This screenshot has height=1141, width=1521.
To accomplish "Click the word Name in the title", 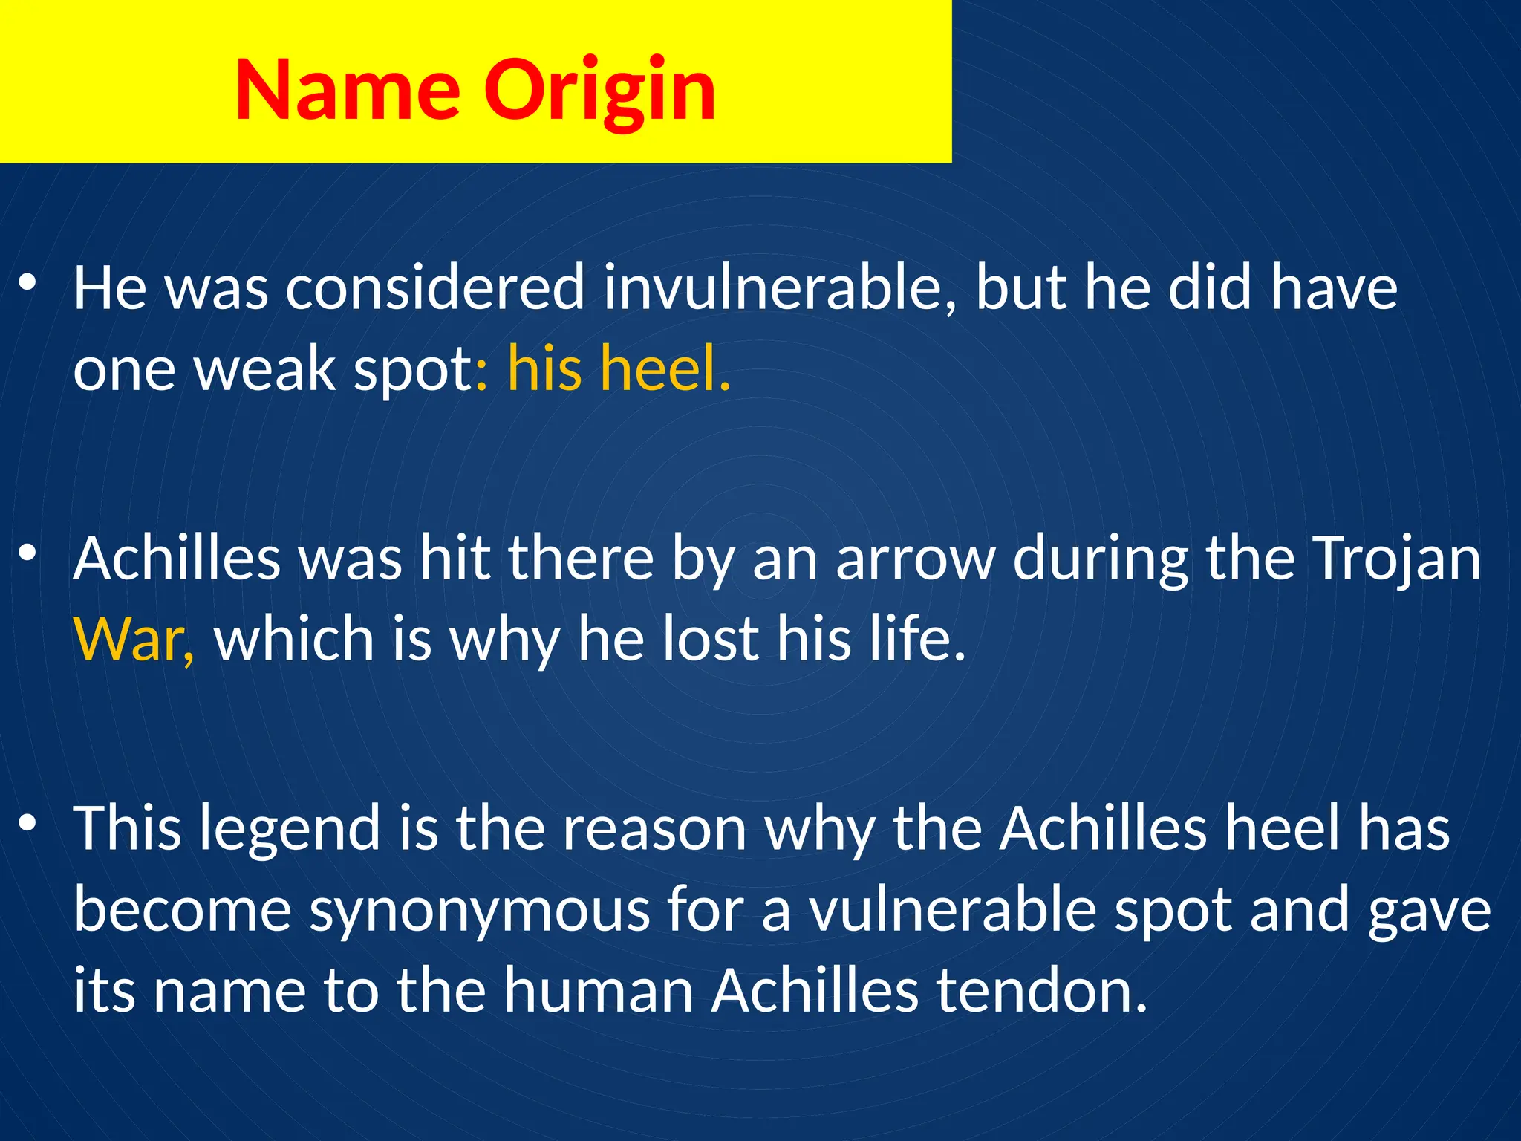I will click(x=348, y=90).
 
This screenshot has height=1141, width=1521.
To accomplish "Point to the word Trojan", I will click(x=1395, y=559).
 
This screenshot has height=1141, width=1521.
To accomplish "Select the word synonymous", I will click(x=479, y=911).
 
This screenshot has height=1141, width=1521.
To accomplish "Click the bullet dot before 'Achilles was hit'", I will click(x=27, y=553).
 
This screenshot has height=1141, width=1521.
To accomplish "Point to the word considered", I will click(x=435, y=288).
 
